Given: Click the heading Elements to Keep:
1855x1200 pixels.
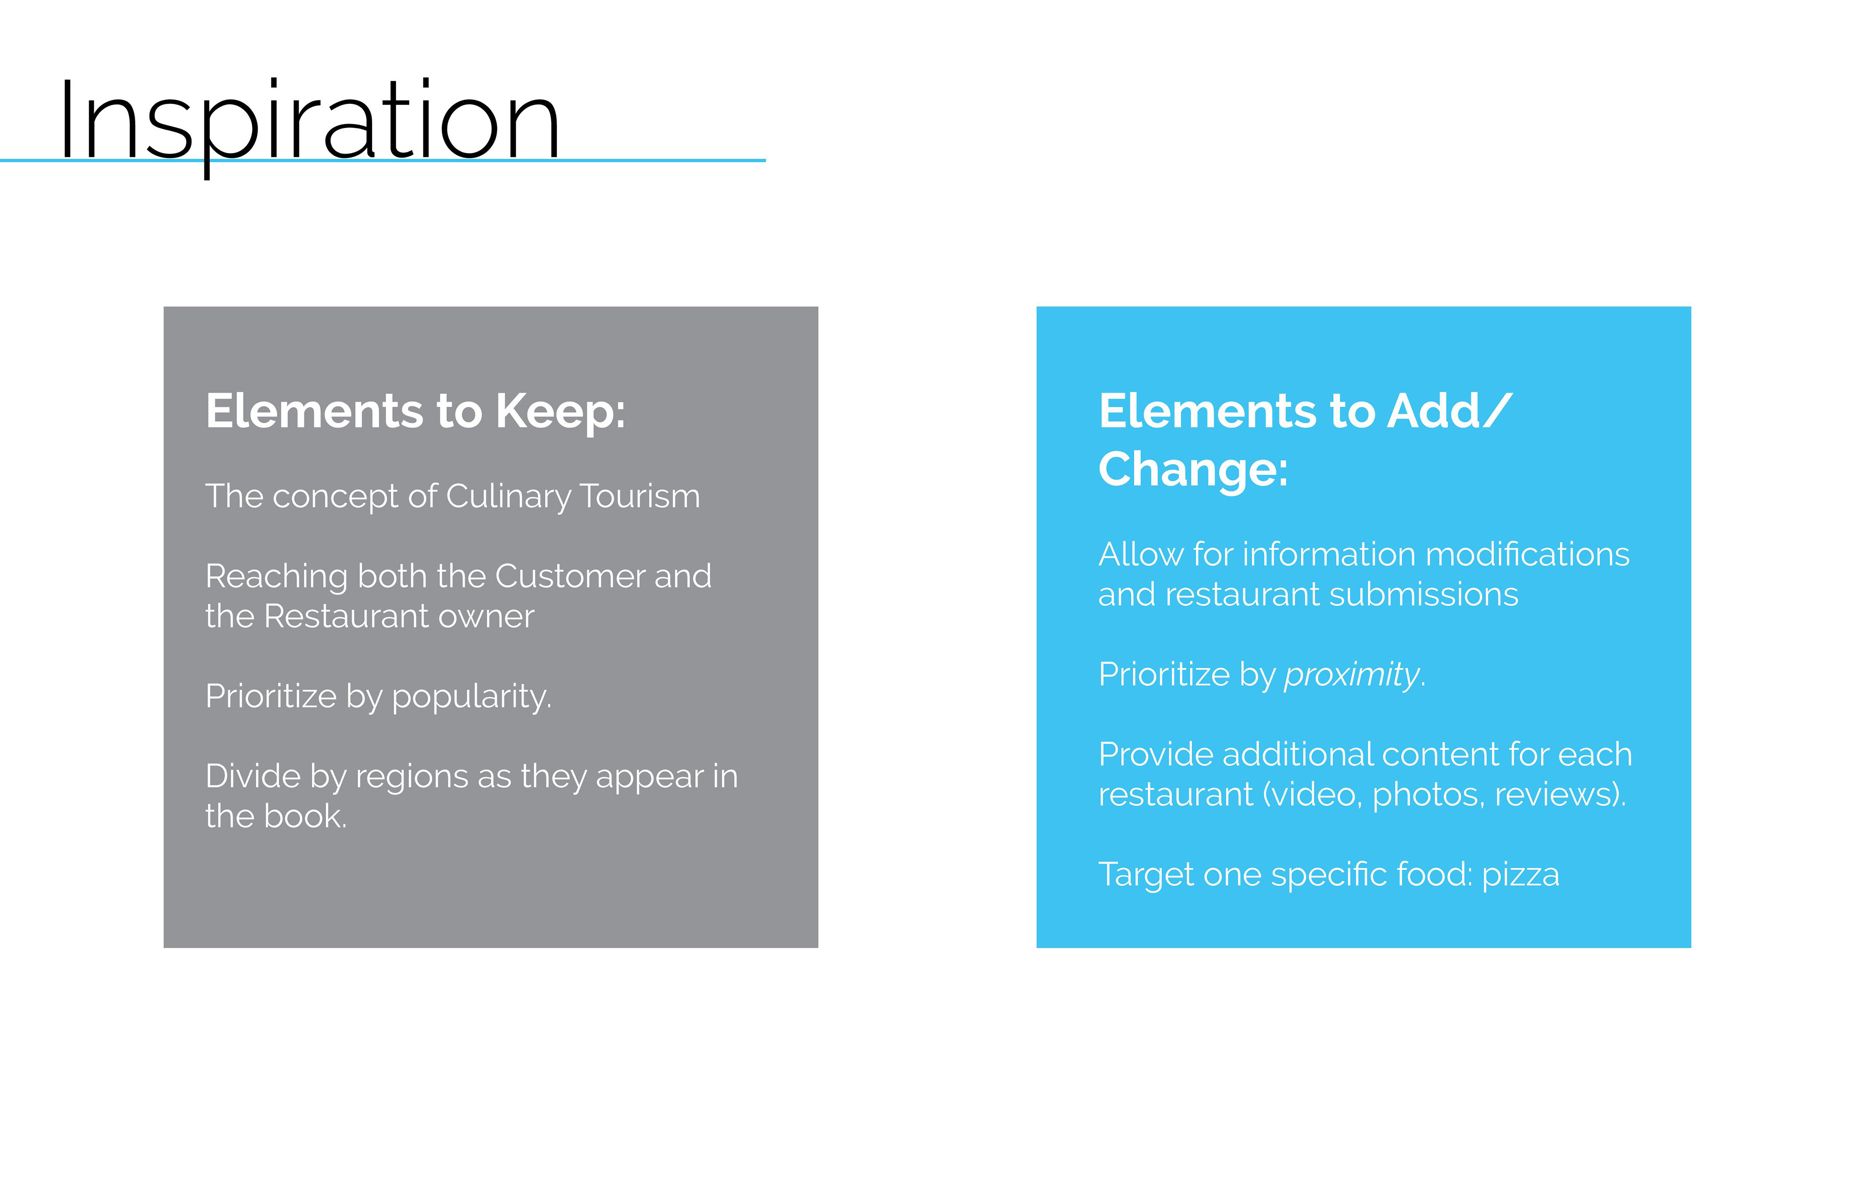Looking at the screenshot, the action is (415, 411).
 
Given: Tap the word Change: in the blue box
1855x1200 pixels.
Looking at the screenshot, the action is (1193, 470).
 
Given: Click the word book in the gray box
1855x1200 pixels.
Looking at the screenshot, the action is (305, 817).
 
